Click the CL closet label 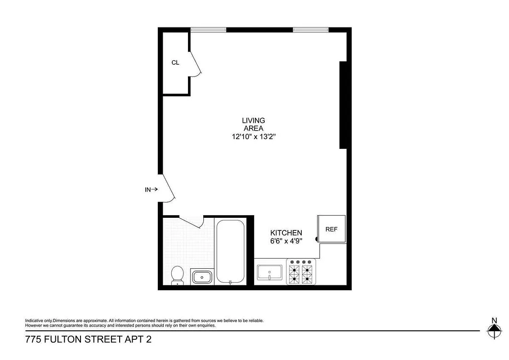[175, 63]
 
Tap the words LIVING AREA [253, 124]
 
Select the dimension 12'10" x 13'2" [253, 137]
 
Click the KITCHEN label [286, 233]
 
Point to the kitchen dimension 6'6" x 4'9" [286, 241]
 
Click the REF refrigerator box [331, 229]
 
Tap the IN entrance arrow [151, 189]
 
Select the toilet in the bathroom [178, 275]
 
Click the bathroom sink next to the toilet [202, 276]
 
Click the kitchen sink [269, 272]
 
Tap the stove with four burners [301, 272]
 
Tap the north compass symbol [494, 331]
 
